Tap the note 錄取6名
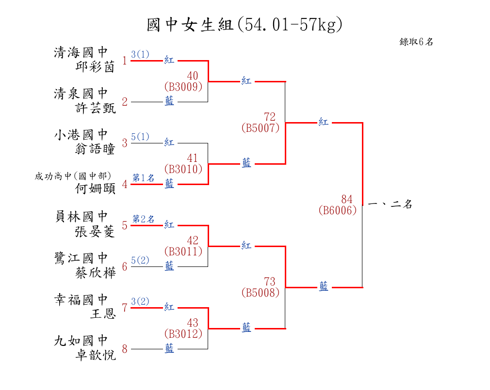click(x=416, y=42)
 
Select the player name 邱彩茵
click(x=96, y=67)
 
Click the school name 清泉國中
click(x=81, y=93)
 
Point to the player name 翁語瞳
click(x=96, y=149)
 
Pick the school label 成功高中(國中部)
click(x=73, y=176)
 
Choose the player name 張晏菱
click(x=96, y=232)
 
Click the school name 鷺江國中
click(x=81, y=258)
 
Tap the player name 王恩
click(x=103, y=314)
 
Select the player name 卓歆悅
click(x=96, y=355)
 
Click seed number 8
click(x=125, y=349)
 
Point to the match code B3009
click(x=183, y=87)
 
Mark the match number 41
click(x=193, y=158)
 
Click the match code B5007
click(x=261, y=128)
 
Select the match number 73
click(x=270, y=281)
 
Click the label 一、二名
click(x=390, y=204)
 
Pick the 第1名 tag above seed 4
click(x=144, y=178)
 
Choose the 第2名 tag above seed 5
click(x=144, y=219)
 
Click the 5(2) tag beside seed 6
click(x=140, y=260)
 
